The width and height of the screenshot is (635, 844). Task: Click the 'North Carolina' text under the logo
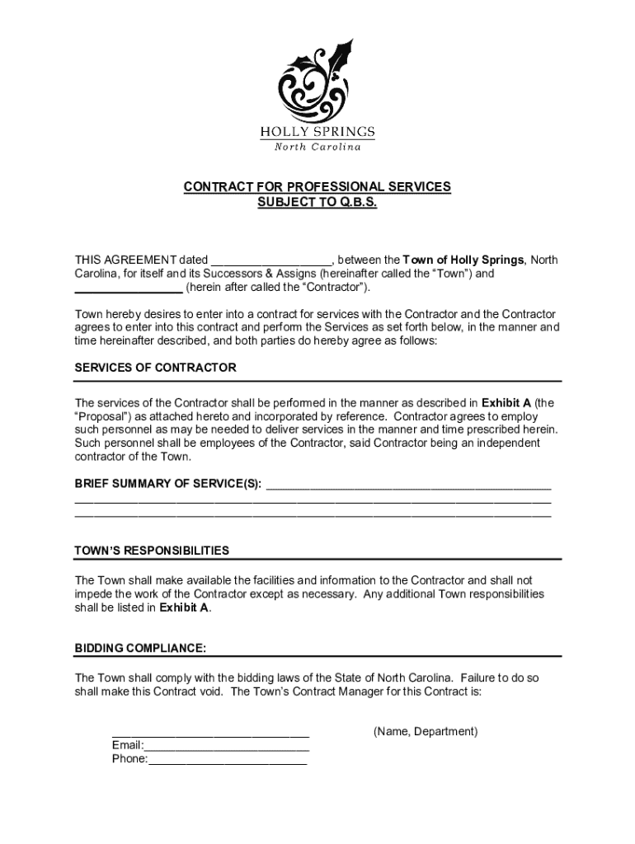(317, 147)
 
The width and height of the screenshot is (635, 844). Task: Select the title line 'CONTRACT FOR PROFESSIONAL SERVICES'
(317, 187)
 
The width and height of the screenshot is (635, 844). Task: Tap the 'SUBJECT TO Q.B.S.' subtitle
(317, 202)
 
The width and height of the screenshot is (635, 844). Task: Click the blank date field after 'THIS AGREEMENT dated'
(270, 260)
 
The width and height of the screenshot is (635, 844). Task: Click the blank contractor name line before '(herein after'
(129, 288)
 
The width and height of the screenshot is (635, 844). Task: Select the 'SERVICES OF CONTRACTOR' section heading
(156, 368)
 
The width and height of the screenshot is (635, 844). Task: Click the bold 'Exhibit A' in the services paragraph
(506, 403)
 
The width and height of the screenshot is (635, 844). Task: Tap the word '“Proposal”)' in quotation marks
(104, 417)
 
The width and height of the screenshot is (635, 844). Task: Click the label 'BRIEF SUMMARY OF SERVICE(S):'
(168, 484)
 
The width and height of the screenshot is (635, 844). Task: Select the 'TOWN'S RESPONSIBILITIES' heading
(153, 551)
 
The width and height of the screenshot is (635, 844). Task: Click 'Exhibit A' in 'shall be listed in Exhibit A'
(185, 608)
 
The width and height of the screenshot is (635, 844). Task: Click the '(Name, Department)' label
(426, 732)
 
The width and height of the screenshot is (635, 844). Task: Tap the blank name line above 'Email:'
(210, 734)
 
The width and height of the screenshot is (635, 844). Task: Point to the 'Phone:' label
(129, 760)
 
